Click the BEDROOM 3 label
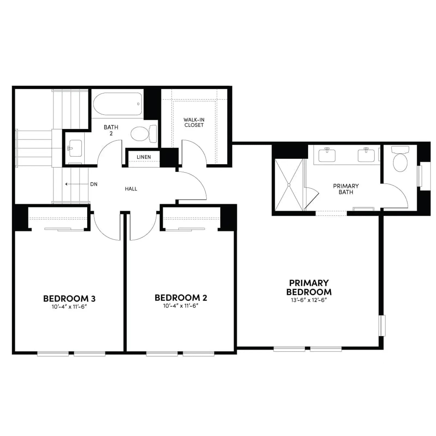point(69,299)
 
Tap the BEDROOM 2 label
point(181,298)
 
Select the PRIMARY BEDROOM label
point(309,287)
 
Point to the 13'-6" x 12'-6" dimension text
point(309,300)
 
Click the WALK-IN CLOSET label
point(194,122)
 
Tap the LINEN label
point(144,157)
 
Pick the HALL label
point(131,189)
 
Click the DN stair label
point(94,184)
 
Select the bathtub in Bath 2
point(118,104)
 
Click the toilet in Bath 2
point(144,134)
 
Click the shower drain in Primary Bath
point(289,185)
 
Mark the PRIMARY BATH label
point(346,189)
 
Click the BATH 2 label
point(111,130)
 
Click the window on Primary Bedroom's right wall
point(382,326)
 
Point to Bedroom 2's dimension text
point(181,306)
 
